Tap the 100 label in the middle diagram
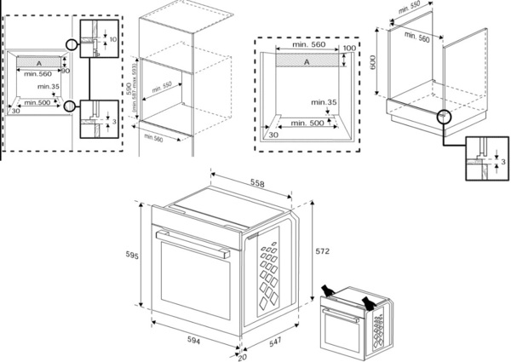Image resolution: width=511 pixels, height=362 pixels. pos(349,49)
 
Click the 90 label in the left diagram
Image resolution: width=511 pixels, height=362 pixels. pos(65,70)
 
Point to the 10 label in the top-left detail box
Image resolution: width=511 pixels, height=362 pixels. pos(112,38)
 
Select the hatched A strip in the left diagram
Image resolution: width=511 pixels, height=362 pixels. pos(38,62)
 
